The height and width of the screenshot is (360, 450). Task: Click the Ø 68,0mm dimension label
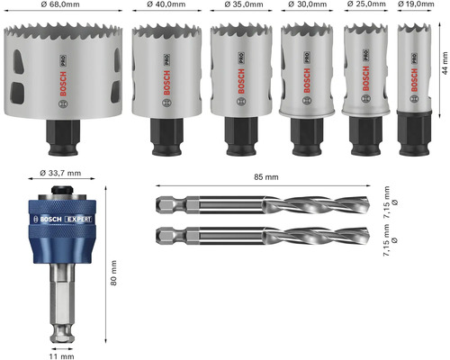coord(60,4)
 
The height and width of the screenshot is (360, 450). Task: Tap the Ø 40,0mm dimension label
coord(166,4)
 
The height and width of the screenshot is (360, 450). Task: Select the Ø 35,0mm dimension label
coord(244,4)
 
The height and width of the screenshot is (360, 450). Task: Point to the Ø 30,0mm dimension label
coord(307,4)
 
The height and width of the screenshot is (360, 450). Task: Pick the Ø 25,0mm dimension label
coord(366,4)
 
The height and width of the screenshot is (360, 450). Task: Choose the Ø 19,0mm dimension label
coord(416,4)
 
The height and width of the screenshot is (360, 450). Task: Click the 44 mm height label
coord(445,63)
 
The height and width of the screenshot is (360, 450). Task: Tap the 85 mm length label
coord(266,177)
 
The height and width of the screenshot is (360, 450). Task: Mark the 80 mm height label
coord(113,273)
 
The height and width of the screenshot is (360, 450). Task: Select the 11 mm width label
coord(61,356)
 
